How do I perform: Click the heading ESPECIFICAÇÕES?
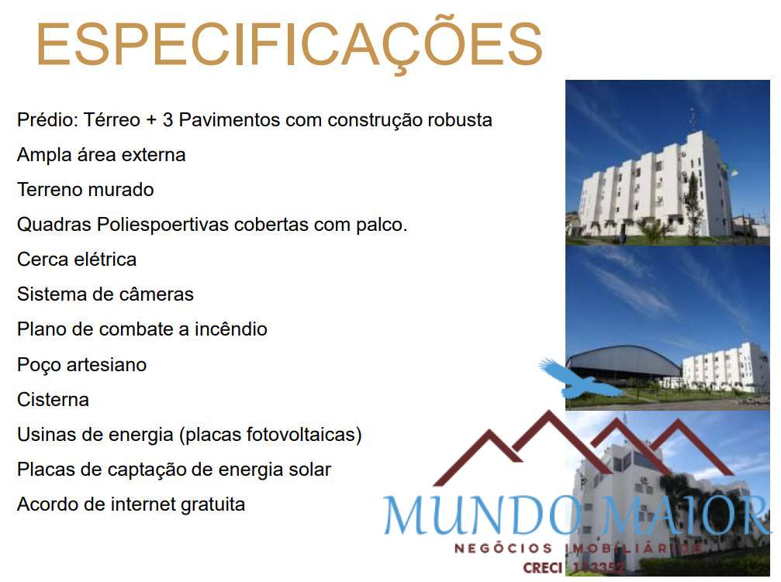click(x=289, y=45)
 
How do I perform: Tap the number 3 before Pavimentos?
click(x=168, y=120)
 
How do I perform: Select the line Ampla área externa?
click(x=101, y=155)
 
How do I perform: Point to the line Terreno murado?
click(x=85, y=190)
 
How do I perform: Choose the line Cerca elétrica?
click(x=77, y=260)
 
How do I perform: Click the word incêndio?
click(x=230, y=329)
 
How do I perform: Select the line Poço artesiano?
click(x=81, y=364)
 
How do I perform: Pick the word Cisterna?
click(x=53, y=400)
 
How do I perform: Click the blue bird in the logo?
click(x=578, y=379)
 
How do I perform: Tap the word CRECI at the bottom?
click(x=542, y=568)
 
